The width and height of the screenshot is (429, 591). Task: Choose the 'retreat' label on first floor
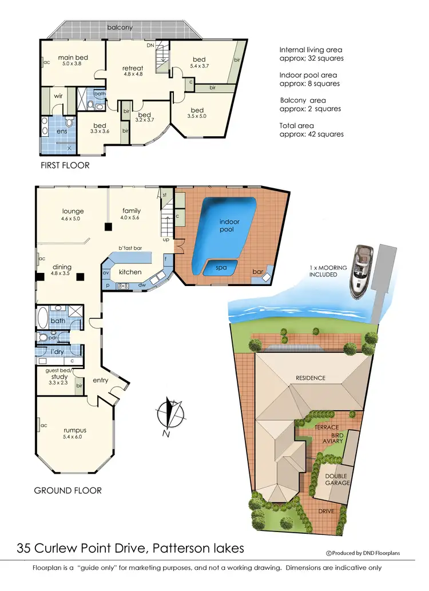point(133,68)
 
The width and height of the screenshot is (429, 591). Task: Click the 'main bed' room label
point(71,58)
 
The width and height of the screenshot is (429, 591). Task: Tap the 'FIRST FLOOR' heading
point(65,165)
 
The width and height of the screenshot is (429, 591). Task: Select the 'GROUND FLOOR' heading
point(67,490)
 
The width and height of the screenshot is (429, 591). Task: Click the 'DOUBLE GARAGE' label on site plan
point(336,480)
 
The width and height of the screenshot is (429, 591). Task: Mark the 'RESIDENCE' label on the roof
point(310,378)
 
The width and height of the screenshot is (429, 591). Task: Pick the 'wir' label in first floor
point(58,96)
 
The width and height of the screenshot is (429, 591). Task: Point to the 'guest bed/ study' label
point(59,374)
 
